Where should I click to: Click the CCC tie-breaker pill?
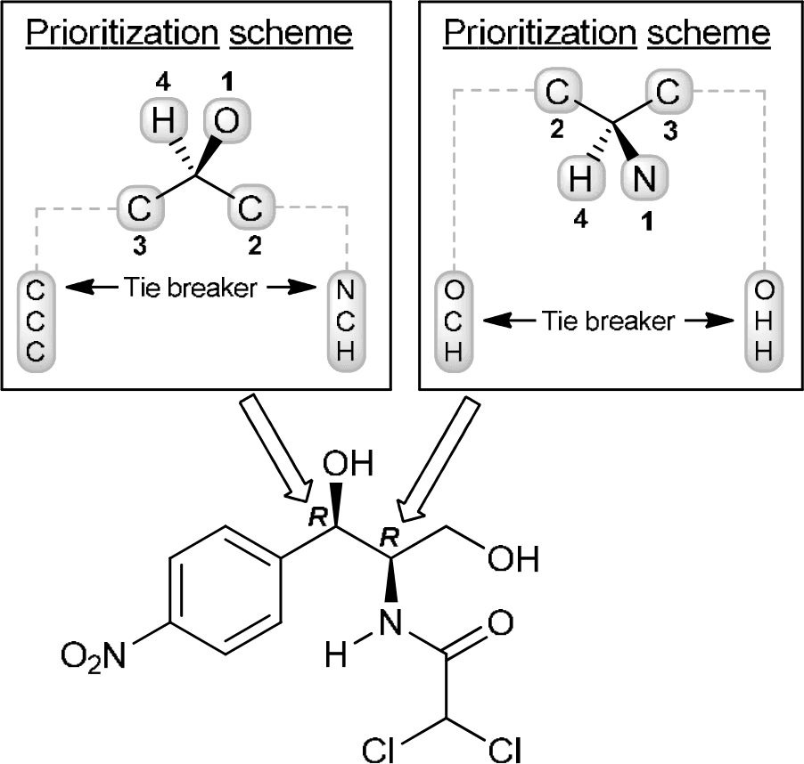point(37,319)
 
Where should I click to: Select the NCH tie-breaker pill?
point(348,319)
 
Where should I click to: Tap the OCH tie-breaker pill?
point(454,321)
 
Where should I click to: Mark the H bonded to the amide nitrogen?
point(336,658)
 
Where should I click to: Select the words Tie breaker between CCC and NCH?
point(193,289)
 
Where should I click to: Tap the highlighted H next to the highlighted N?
point(579,181)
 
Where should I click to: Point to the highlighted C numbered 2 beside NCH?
point(250,209)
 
